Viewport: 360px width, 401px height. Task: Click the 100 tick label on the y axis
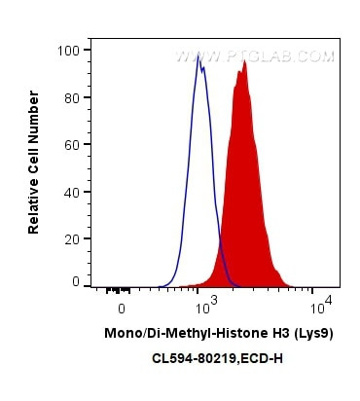[x=68, y=46]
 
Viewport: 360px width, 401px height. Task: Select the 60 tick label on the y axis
[x=71, y=143]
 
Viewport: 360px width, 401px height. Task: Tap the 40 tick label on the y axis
[x=71, y=191]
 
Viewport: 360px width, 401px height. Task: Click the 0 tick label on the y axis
[x=75, y=281]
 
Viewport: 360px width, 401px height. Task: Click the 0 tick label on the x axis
[x=121, y=309]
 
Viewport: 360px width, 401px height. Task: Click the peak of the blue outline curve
[x=198, y=56]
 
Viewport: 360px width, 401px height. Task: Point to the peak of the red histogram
[x=245, y=61]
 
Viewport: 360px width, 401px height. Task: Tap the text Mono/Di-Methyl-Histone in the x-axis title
[x=169, y=333]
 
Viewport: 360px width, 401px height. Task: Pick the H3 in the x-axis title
[x=254, y=333]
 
